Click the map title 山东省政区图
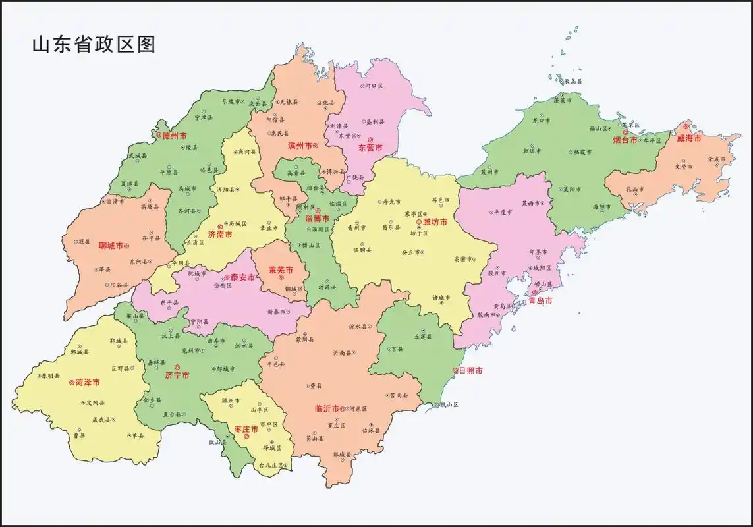(94, 45)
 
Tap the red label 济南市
(220, 235)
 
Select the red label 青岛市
(540, 301)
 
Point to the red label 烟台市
(625, 140)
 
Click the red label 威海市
(689, 138)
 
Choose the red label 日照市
(470, 371)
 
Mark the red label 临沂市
(327, 409)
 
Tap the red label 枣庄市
(246, 429)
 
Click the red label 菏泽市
(88, 382)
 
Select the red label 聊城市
(111, 246)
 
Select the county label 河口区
(374, 86)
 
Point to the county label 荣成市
(716, 159)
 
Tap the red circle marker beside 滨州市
(316, 145)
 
